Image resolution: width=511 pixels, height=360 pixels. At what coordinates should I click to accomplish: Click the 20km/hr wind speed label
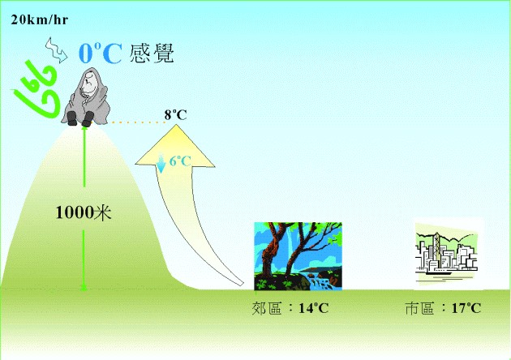(x=40, y=20)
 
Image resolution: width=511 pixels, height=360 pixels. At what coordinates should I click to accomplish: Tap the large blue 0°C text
(x=101, y=53)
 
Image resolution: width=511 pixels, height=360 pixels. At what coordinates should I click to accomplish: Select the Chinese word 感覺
(x=152, y=53)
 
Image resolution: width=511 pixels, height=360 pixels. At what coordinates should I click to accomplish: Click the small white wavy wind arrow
(x=56, y=49)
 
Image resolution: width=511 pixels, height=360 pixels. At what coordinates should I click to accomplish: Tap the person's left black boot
(x=72, y=118)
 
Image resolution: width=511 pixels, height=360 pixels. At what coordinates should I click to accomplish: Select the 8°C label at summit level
(x=176, y=115)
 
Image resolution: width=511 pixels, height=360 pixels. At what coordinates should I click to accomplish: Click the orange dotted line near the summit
(x=138, y=122)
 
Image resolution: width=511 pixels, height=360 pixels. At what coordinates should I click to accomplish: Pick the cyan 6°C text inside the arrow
(x=180, y=161)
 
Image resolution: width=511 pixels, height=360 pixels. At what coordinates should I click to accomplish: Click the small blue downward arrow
(x=161, y=162)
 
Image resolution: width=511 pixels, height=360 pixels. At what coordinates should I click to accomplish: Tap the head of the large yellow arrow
(x=175, y=146)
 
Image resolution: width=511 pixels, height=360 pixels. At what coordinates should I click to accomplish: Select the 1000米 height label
(x=84, y=212)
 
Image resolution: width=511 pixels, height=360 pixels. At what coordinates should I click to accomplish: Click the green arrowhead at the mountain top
(x=84, y=129)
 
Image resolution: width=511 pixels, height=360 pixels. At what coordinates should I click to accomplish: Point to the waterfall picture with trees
(x=298, y=256)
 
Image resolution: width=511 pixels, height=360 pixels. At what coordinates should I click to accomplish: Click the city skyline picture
(x=447, y=254)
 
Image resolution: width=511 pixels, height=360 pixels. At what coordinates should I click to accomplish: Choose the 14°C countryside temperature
(x=314, y=308)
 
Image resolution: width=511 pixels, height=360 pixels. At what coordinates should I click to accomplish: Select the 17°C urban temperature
(x=466, y=308)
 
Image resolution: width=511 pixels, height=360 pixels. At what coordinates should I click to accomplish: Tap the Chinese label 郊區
(x=267, y=308)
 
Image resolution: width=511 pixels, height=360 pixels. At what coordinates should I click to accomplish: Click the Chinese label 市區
(x=420, y=308)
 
